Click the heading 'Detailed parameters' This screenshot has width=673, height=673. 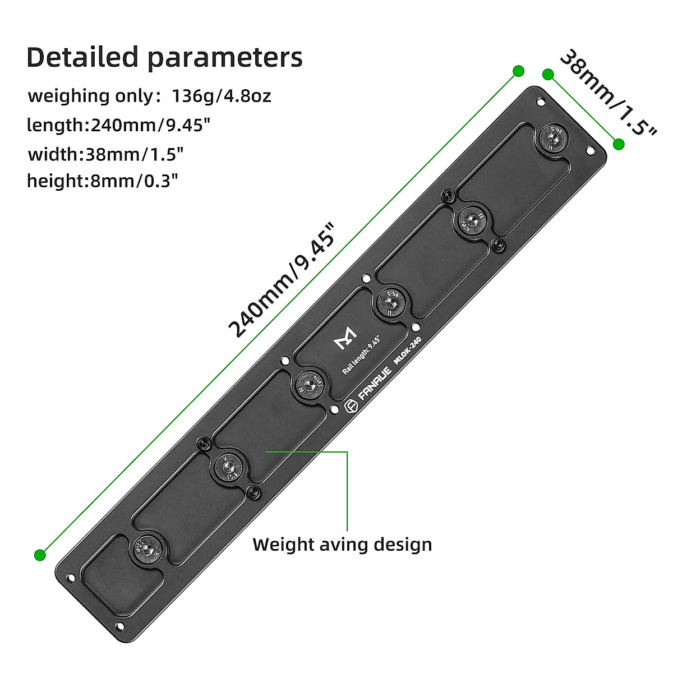pos(164,57)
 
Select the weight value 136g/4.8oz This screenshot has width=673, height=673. pos(221,96)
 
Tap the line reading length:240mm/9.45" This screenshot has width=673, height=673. pos(118,125)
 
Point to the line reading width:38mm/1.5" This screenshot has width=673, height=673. pos(106,153)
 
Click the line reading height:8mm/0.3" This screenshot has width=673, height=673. pos(103,181)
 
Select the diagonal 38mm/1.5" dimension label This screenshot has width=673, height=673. pos(608,93)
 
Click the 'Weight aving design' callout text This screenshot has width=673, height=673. pos(342,544)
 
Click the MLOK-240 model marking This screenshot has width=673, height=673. pos(407,352)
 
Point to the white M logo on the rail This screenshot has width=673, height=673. pos(344,338)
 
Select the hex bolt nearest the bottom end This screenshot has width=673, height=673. pos(147,548)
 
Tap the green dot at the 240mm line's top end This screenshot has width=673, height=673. pos(518,71)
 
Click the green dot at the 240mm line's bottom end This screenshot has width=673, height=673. pos(39,555)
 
